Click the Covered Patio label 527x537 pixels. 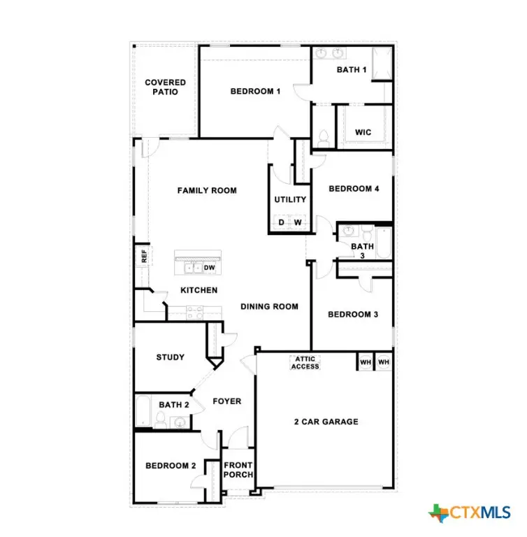click(165, 87)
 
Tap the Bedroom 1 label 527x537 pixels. click(256, 91)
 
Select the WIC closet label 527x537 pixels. click(363, 132)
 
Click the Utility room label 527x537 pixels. click(290, 199)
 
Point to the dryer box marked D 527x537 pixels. click(281, 223)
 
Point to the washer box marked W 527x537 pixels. click(298, 223)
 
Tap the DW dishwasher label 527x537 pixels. click(209, 267)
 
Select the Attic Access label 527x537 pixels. click(305, 363)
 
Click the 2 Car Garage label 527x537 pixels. click(325, 422)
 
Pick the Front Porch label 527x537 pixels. click(238, 470)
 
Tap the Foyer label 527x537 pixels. click(226, 401)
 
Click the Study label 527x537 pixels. click(170, 357)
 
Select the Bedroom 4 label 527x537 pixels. click(354, 188)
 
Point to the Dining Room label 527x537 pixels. click(269, 306)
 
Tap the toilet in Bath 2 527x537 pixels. click(160, 420)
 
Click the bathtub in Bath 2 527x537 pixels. click(143, 413)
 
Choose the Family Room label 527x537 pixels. click(206, 190)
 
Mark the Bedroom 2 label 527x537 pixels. click(170, 466)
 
